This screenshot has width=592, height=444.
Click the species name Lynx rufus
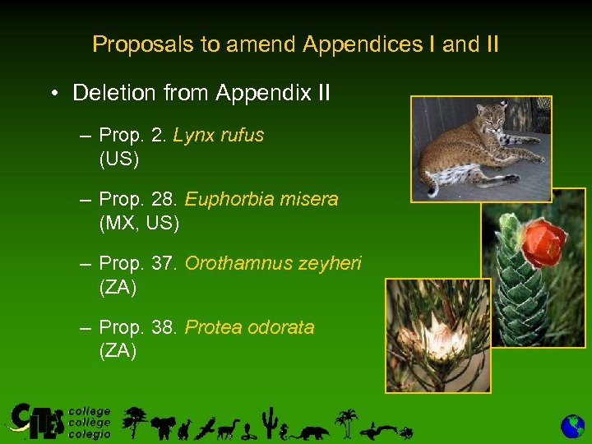[219, 135]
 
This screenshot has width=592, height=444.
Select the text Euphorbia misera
[261, 199]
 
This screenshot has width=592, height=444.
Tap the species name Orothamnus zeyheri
[273, 263]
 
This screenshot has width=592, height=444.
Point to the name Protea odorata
[249, 327]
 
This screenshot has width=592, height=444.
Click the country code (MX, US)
[138, 222]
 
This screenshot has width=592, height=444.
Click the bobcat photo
[481, 149]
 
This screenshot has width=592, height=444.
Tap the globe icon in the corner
[572, 426]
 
